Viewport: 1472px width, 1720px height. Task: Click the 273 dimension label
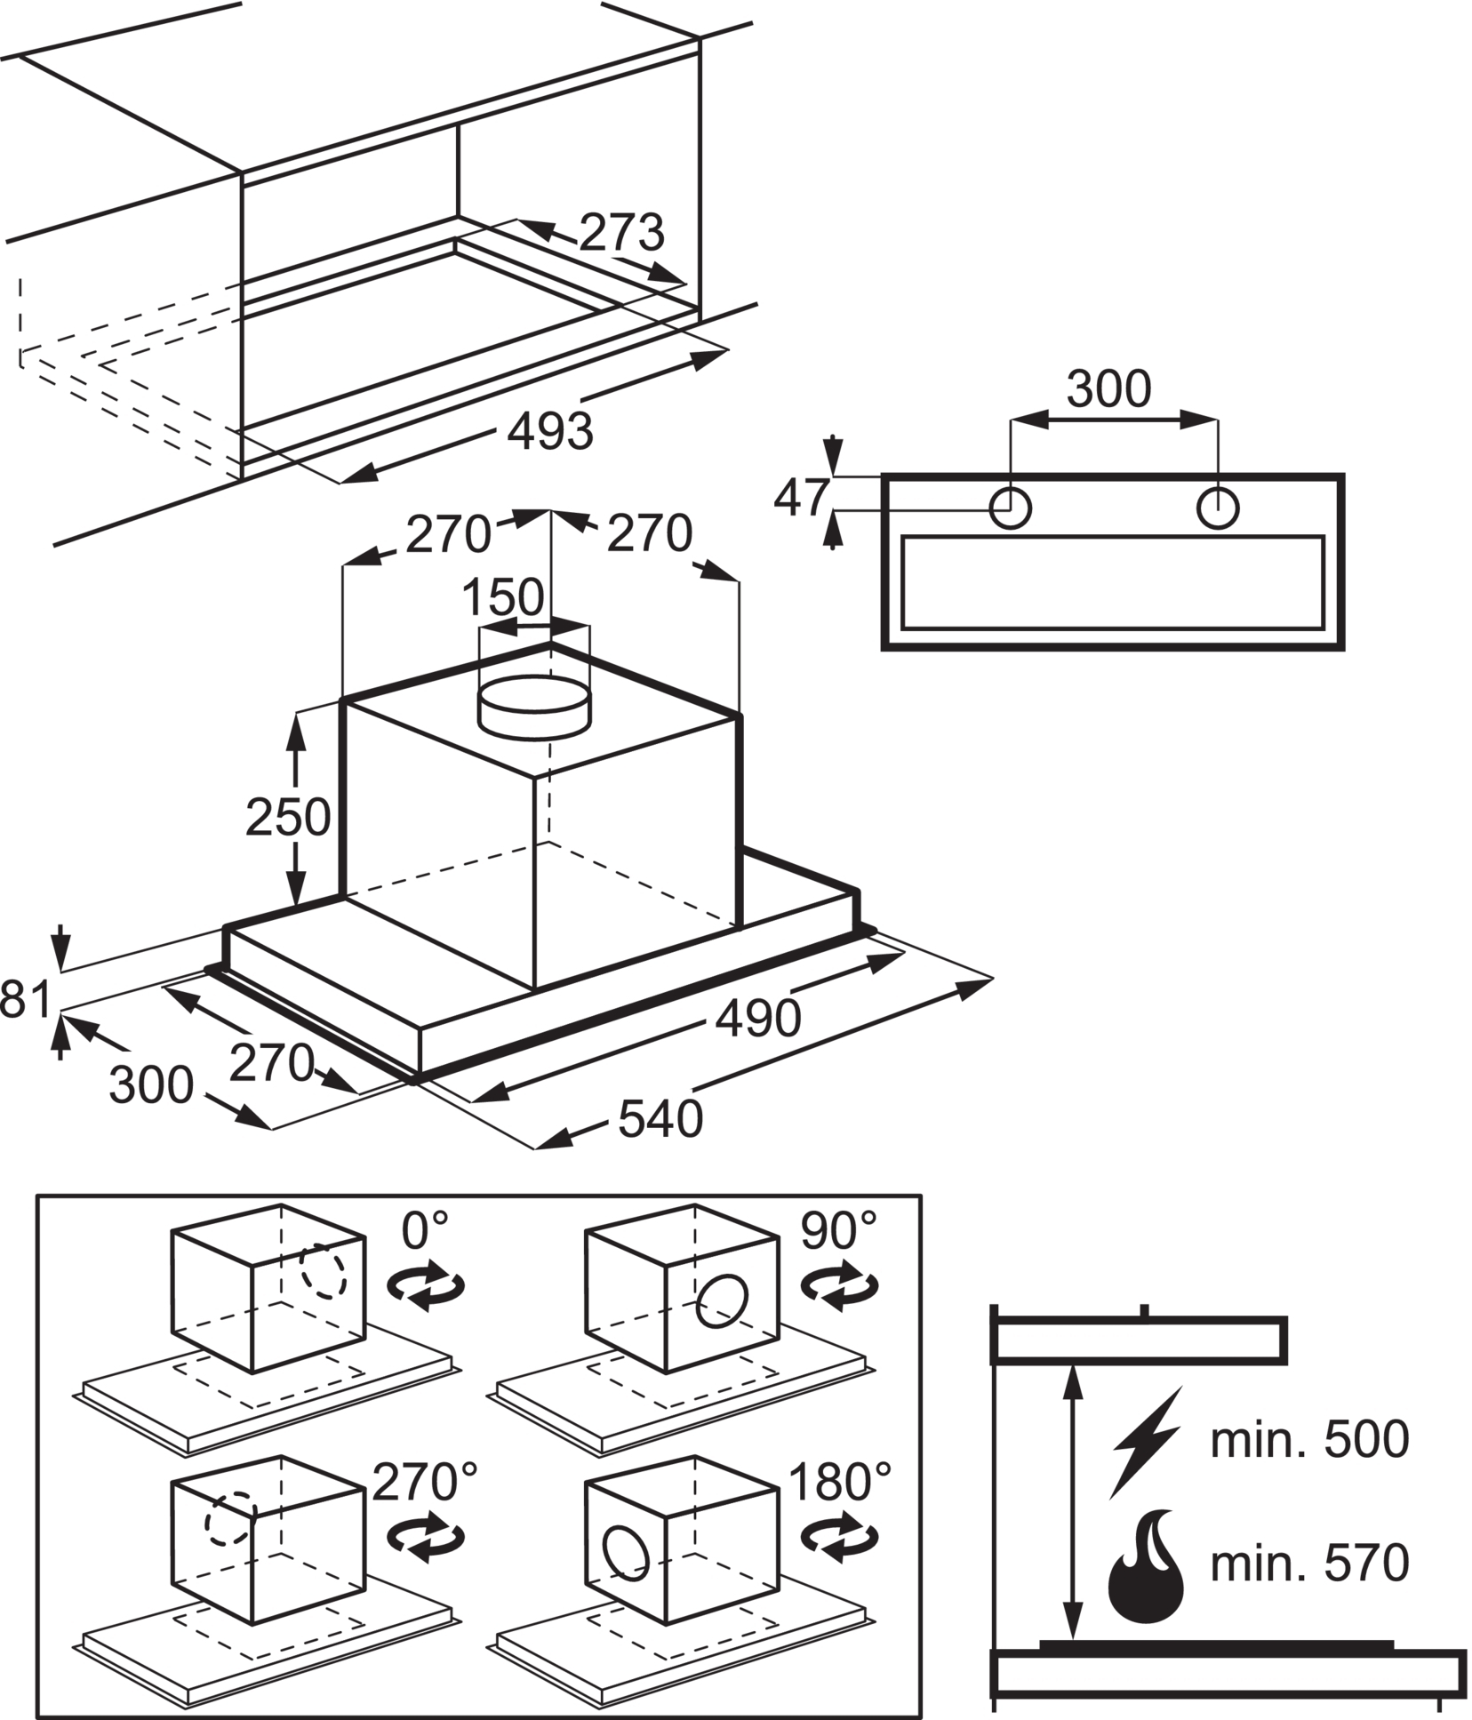[621, 233]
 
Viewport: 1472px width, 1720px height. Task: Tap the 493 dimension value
[549, 431]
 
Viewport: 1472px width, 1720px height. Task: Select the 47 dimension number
[801, 498]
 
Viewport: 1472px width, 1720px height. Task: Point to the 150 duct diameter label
[503, 597]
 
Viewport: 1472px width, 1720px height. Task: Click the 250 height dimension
[287, 818]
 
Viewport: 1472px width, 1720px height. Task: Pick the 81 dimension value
[25, 999]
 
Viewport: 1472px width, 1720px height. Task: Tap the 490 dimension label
[758, 1018]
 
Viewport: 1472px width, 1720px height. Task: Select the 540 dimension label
[660, 1119]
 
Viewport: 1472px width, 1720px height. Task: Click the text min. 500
[1309, 1439]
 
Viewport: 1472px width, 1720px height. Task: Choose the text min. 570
[1309, 1563]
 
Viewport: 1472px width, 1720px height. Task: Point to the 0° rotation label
[425, 1231]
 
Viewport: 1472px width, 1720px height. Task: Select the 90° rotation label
[838, 1231]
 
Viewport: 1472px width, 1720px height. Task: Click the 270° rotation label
[425, 1482]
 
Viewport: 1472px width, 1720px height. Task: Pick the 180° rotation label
[839, 1482]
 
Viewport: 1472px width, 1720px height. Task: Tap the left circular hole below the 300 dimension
[1011, 509]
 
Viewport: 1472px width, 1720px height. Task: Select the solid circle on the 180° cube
[627, 1553]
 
